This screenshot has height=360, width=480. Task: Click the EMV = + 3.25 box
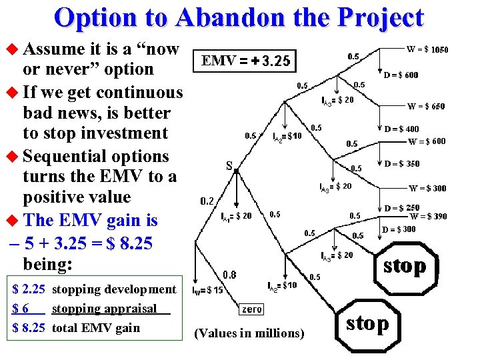[245, 62]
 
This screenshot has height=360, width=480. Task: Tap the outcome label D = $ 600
[401, 75]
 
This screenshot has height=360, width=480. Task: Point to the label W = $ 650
[427, 106]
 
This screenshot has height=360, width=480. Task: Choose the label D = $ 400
[402, 129]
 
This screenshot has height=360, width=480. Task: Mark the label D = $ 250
[402, 209]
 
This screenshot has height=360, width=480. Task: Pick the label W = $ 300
[427, 188]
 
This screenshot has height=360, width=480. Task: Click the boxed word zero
[251, 309]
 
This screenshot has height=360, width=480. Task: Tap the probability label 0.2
[207, 201]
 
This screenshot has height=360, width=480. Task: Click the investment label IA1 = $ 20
[236, 216]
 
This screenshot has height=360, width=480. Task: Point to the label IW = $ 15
[207, 291]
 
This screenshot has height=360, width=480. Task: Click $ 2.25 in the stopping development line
[29, 289]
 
